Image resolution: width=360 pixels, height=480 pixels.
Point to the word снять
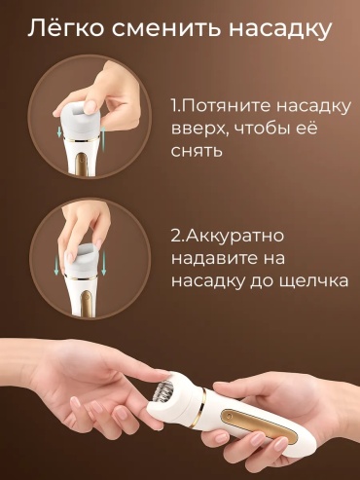click(197, 151)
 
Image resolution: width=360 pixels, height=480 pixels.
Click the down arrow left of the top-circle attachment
click(59, 131)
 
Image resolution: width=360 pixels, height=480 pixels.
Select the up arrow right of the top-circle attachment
click(103, 136)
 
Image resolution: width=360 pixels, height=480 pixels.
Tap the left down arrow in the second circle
click(56, 264)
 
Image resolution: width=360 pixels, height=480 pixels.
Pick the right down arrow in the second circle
click(104, 265)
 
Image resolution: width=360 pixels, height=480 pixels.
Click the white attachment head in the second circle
click(84, 261)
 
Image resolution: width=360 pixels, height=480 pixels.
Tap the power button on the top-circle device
click(81, 160)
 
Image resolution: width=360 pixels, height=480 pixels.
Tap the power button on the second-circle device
click(86, 297)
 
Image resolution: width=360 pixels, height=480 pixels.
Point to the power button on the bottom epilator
click(230, 416)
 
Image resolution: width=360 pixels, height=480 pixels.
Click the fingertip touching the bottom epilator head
click(162, 376)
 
